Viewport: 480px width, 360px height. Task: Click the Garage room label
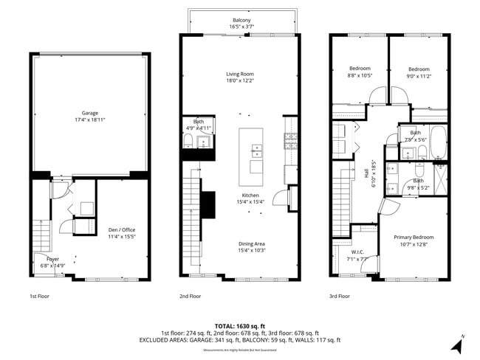[90, 113]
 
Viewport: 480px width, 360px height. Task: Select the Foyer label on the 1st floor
[53, 260]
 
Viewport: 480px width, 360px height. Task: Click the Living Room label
[240, 74]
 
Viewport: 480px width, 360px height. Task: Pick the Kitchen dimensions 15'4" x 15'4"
[241, 201]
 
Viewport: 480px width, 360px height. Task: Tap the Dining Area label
[241, 244]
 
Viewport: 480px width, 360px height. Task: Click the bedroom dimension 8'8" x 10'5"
[360, 75]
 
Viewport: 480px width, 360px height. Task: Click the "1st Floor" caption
[39, 297]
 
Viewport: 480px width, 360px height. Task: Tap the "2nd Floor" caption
[191, 297]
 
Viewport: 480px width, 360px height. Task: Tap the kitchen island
[251, 156]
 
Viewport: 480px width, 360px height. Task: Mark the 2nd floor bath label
[198, 122]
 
